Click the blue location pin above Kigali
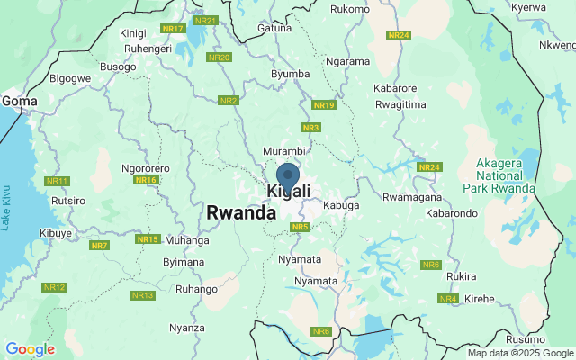click(288, 176)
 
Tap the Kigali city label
click(289, 192)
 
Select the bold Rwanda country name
click(240, 213)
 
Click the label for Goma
click(20, 102)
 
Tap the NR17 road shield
click(173, 29)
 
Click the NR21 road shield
click(206, 20)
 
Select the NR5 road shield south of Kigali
click(301, 227)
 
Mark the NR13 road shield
click(142, 295)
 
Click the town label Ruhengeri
click(128, 49)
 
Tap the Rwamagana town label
click(410, 197)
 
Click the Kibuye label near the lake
click(56, 233)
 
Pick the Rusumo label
click(525, 338)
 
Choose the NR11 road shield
click(57, 181)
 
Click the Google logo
click(30, 349)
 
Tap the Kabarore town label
click(396, 89)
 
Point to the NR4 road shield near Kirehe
click(448, 298)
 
